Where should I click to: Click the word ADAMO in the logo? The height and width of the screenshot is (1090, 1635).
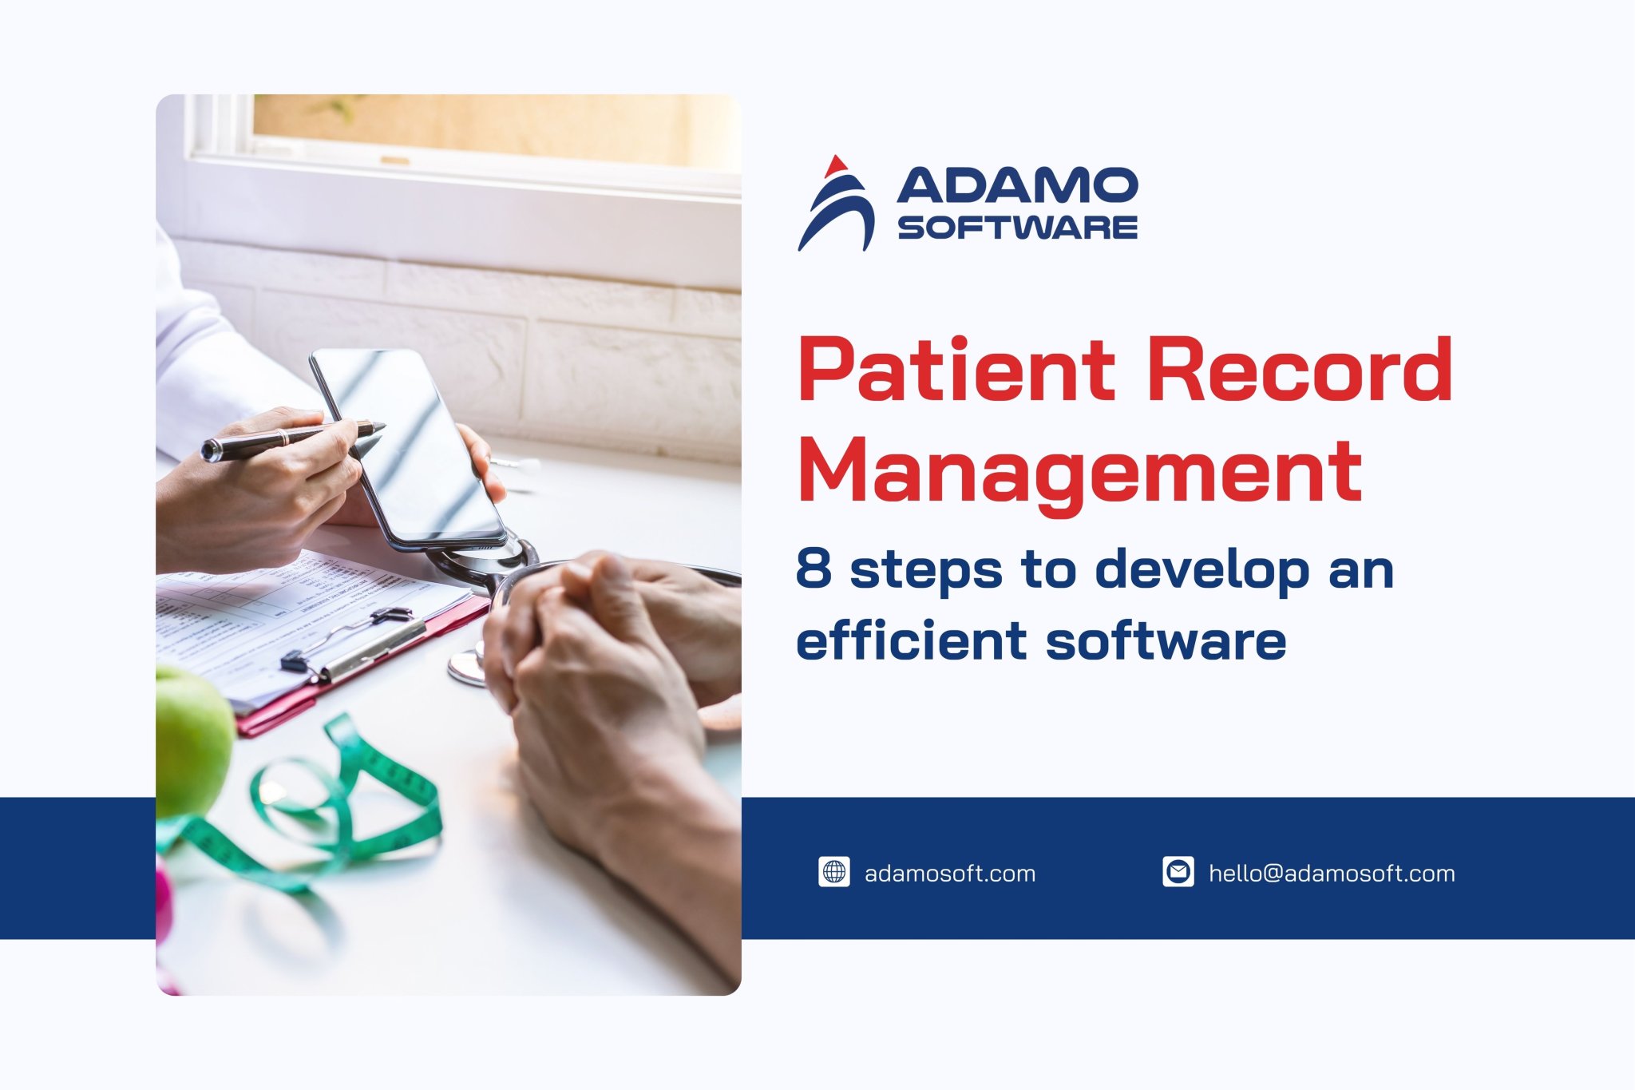click(1017, 185)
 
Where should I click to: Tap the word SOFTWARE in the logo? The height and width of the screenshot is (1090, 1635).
click(1017, 228)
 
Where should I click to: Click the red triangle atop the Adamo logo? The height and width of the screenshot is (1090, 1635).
click(835, 166)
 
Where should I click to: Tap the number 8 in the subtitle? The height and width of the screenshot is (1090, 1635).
click(814, 569)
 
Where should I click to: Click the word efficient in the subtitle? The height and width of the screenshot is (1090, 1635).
click(911, 640)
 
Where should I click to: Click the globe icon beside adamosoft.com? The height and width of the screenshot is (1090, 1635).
click(833, 872)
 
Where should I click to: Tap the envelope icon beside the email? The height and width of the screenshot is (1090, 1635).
click(1178, 872)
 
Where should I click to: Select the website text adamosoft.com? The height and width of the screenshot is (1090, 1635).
click(950, 874)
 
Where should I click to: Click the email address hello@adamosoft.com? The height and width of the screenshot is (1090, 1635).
click(1332, 874)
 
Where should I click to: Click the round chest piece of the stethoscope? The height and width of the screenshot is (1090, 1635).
click(467, 668)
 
